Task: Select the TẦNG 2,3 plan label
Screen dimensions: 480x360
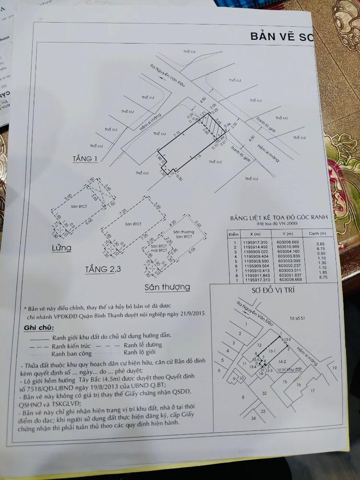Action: click(x=103, y=269)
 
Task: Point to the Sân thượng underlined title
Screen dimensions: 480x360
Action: click(x=167, y=287)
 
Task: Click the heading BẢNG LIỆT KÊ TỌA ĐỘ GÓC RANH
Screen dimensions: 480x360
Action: click(x=278, y=217)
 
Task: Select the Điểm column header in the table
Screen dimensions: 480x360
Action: click(x=234, y=233)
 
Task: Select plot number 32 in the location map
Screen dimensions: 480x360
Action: click(x=264, y=394)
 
